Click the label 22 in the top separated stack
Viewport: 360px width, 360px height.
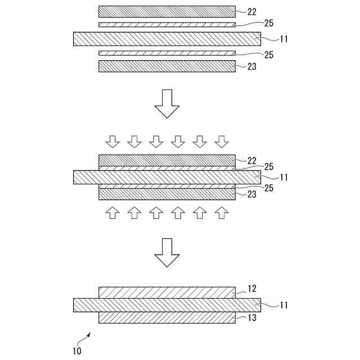(252, 11)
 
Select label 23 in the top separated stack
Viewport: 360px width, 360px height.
(252, 66)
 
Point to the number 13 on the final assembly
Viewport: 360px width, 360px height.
(252, 318)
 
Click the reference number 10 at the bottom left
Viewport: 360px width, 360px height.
(76, 352)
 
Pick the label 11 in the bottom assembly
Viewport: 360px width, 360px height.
(285, 305)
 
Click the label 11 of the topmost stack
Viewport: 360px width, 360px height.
(285, 39)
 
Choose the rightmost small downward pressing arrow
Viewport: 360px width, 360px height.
(223, 141)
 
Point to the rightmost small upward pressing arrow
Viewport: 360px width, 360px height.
(223, 212)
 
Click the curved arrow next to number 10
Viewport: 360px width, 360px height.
(87, 337)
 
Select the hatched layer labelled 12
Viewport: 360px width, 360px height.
(166, 292)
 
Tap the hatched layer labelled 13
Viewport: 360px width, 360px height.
(166, 318)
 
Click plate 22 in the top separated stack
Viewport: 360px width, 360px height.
(166, 11)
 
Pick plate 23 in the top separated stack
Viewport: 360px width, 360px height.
(166, 66)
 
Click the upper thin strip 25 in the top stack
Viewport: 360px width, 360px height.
(166, 25)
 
